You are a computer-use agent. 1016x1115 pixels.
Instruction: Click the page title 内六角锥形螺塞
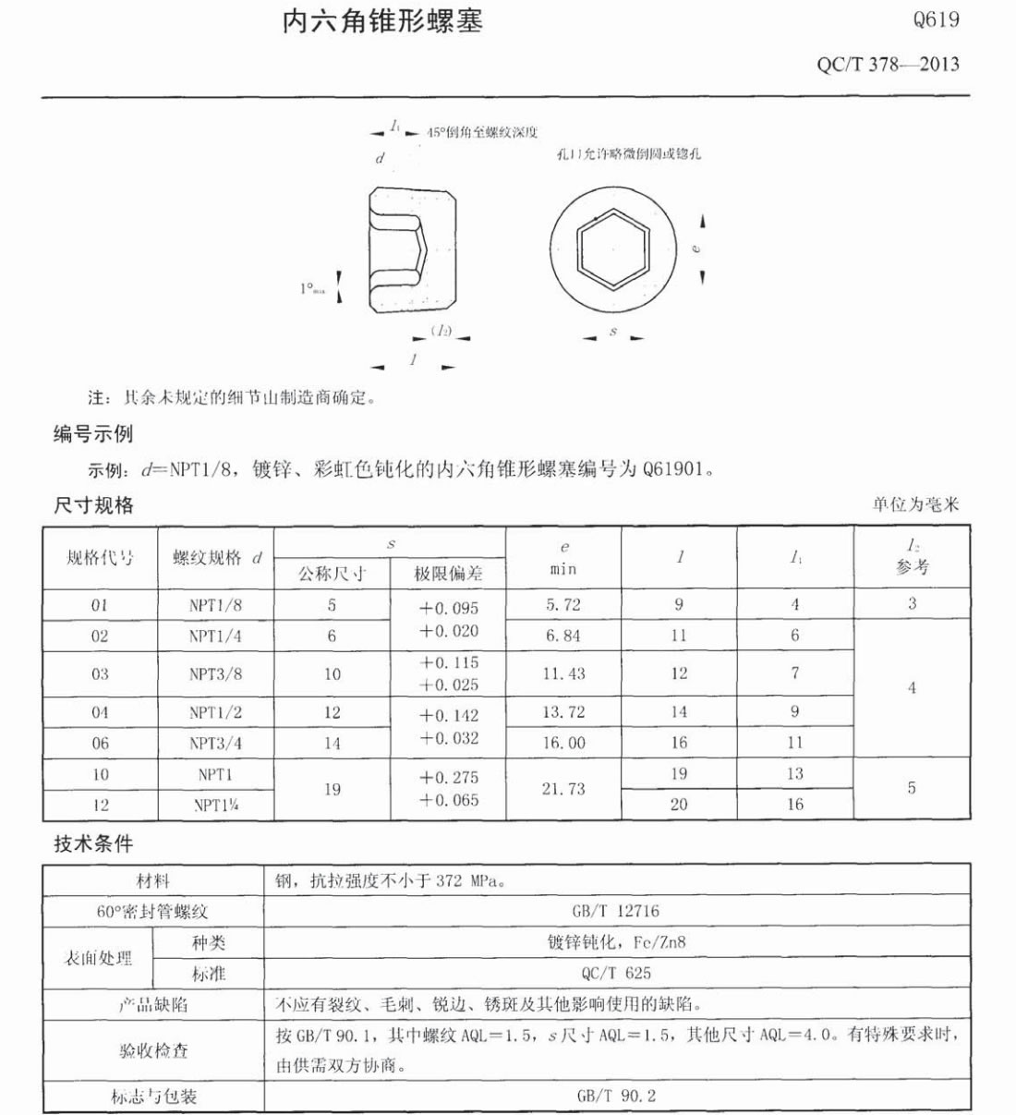click(382, 22)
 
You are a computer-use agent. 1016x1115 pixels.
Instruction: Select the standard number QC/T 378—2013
click(888, 65)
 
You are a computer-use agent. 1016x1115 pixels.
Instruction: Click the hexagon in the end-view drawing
click(612, 248)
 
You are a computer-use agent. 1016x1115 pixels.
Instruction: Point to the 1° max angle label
click(312, 288)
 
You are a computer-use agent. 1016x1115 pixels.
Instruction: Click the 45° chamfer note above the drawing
click(481, 132)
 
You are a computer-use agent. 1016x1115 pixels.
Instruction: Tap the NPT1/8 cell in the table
click(215, 605)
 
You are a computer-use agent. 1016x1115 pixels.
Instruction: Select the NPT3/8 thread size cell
click(215, 674)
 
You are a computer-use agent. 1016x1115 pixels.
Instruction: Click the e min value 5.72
click(562, 605)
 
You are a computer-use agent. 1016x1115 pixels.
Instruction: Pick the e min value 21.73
click(562, 789)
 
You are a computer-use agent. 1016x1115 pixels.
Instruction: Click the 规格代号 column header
click(100, 558)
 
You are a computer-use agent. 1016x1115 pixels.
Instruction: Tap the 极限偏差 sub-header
click(448, 574)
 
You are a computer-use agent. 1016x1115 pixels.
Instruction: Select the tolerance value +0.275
click(449, 778)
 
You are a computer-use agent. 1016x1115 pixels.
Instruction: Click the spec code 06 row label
click(100, 743)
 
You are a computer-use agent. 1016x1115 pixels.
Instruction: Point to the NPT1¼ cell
click(215, 805)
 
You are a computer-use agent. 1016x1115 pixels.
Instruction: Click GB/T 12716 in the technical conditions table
click(616, 911)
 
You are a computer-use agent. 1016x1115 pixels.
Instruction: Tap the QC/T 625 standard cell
click(616, 973)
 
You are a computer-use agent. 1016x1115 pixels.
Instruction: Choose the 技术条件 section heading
click(92, 843)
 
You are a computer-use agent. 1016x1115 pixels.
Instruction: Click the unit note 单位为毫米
click(915, 504)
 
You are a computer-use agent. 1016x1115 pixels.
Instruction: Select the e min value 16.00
click(563, 743)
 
